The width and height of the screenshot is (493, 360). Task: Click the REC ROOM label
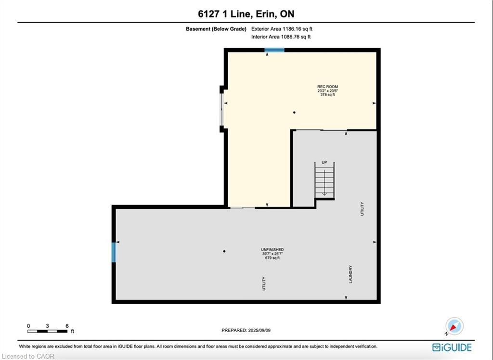point(327,87)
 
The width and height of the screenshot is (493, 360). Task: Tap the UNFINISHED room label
point(272,249)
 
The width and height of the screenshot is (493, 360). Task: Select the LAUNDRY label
point(350,274)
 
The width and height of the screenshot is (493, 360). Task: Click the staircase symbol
point(324,180)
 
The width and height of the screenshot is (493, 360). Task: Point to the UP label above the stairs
point(324,163)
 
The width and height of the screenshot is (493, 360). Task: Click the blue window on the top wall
point(274,50)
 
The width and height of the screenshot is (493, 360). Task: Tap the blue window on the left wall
point(114,252)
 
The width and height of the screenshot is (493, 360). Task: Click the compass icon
point(454,326)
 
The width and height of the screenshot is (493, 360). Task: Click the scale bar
point(47,331)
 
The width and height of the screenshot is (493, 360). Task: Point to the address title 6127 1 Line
point(246,14)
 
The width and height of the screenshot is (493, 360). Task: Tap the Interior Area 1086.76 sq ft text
point(281,37)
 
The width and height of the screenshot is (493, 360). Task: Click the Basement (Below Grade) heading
point(216,29)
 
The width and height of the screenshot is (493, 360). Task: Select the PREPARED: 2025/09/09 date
point(249,330)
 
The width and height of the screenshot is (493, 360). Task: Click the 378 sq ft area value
point(327,95)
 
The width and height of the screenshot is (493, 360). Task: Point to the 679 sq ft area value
point(272,258)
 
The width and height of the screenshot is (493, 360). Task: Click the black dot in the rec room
point(294,113)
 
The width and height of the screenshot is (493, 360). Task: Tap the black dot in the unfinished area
point(224,251)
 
